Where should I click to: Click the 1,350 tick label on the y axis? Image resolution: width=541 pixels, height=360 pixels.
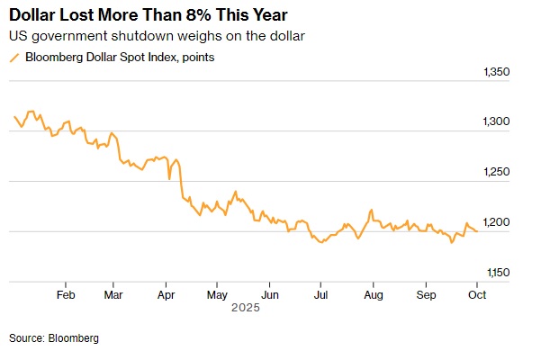[497, 72]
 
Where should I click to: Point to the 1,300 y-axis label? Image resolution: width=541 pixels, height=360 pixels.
[497, 121]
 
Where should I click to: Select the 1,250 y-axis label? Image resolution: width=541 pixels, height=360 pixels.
[497, 172]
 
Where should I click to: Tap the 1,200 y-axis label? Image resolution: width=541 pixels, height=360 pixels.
[497, 222]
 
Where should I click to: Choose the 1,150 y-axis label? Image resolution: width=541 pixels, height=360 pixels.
[497, 272]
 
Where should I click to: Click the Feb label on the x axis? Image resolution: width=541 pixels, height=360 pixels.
[65, 293]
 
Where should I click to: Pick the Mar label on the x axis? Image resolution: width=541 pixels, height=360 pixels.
[114, 293]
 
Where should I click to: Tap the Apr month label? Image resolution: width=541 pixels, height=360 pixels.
[167, 293]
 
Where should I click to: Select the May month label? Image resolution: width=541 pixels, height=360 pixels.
[217, 293]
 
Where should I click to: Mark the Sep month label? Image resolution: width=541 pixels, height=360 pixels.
[426, 293]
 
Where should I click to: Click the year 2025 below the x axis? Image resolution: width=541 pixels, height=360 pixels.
[245, 308]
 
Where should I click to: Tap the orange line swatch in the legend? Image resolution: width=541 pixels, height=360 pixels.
[14, 58]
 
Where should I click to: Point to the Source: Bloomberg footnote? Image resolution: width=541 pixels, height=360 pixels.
[54, 337]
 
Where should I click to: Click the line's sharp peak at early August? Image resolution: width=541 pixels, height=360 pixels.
[371, 211]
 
